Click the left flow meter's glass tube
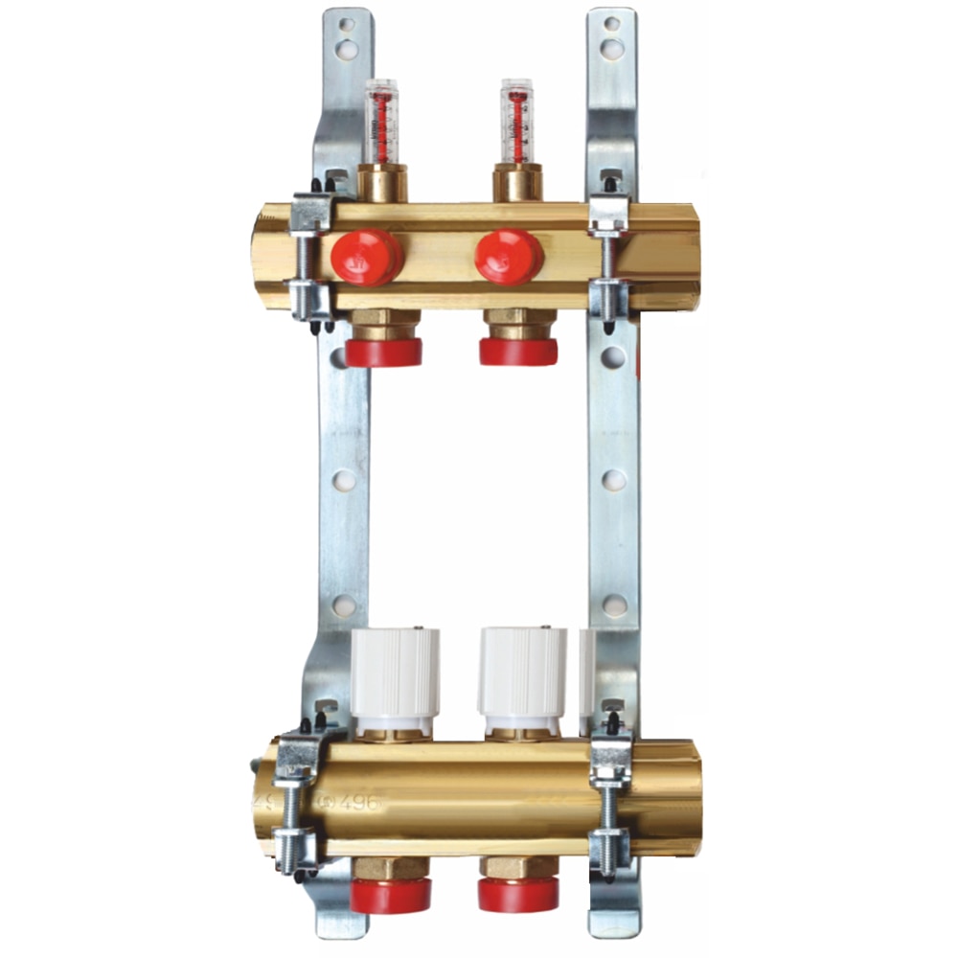381,122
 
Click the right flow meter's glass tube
517,122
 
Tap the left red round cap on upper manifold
367,257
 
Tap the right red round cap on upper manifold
510,257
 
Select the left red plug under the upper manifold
383,352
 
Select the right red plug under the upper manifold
518,352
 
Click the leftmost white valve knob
395,675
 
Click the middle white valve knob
522,675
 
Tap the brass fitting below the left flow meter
382,183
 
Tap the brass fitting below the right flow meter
517,183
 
